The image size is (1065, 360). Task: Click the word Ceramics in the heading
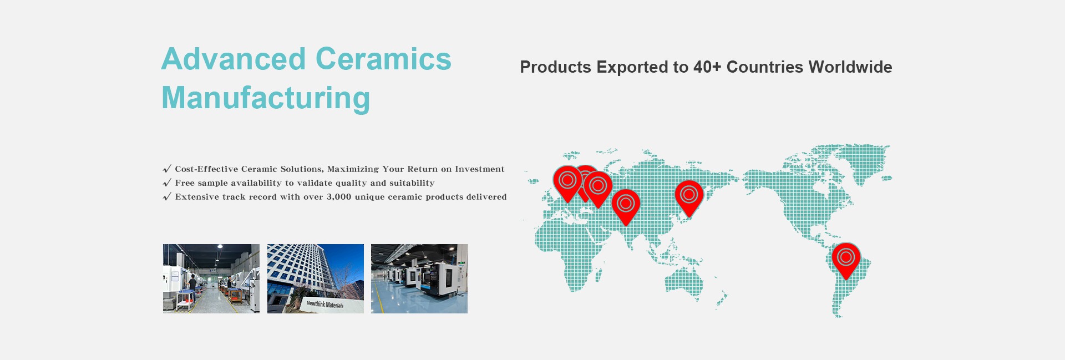(x=383, y=59)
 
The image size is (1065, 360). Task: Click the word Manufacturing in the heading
(x=266, y=98)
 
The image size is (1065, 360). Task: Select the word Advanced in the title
(x=234, y=59)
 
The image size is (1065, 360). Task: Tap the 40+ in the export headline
(x=707, y=67)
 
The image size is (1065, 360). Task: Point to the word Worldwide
(x=850, y=67)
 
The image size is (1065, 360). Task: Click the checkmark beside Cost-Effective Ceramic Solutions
(x=167, y=169)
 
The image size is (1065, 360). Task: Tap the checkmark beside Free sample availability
(x=167, y=183)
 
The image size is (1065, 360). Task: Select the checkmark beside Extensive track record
(x=167, y=197)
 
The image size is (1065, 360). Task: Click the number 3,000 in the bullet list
(x=339, y=197)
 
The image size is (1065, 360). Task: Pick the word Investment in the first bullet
(x=480, y=169)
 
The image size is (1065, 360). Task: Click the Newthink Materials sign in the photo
(x=325, y=304)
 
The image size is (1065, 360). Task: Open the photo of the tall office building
(x=316, y=278)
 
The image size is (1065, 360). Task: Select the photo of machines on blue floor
(x=419, y=278)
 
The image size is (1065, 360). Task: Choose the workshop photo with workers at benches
(x=211, y=278)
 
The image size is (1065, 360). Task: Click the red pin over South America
(x=846, y=259)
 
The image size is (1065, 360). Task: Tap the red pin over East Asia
(x=689, y=197)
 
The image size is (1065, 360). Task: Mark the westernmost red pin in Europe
(x=567, y=182)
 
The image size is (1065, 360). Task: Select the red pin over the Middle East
(x=626, y=206)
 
